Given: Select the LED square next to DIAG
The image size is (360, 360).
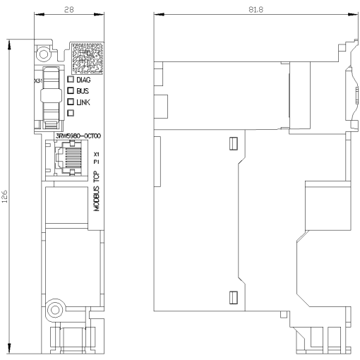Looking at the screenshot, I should [71, 80].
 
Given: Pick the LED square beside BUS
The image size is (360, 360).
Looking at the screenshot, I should [71, 91].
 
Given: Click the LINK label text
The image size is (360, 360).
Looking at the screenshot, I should [83, 102].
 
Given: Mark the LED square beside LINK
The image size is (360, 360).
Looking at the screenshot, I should [71, 102].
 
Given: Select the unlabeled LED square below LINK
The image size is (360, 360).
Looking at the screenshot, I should [71, 114].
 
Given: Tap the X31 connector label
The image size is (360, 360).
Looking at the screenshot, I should [39, 81].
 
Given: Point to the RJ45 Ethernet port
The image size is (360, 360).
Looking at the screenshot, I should [69, 160].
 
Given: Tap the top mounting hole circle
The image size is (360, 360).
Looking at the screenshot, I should [44, 54].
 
